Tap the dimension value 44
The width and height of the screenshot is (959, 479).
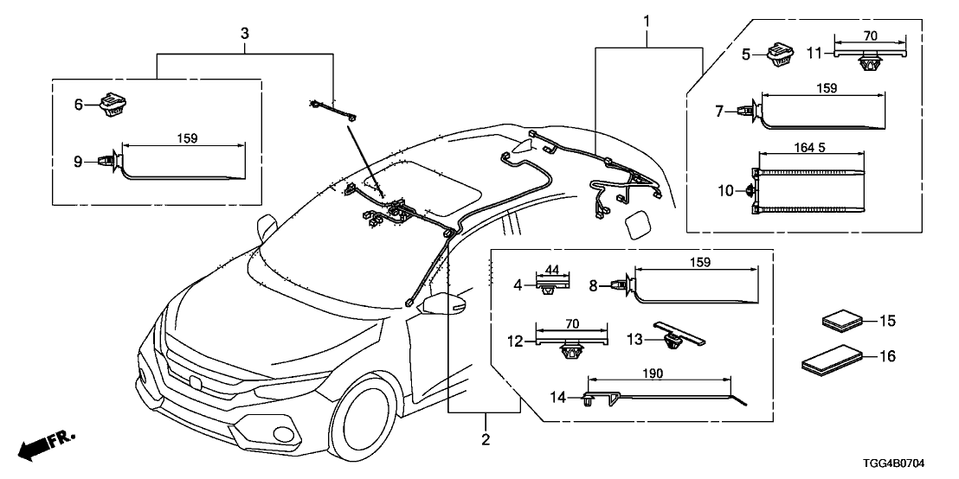[553, 270]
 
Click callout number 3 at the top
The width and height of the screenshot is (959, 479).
[245, 33]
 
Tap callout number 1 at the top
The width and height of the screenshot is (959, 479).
[646, 18]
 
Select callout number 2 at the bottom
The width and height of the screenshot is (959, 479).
[486, 440]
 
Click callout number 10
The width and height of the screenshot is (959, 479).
[725, 190]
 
